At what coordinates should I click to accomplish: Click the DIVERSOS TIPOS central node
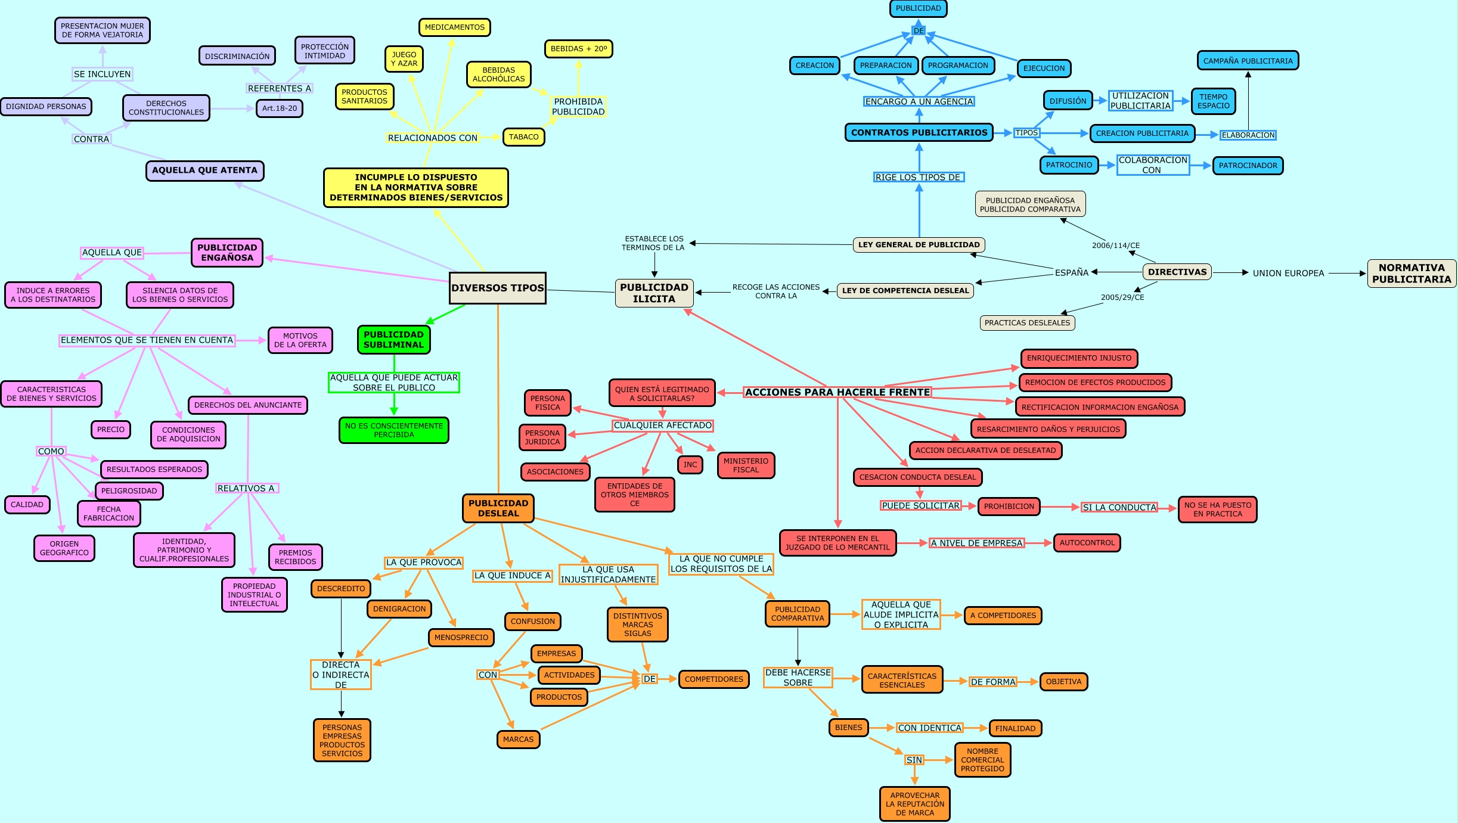click(x=497, y=288)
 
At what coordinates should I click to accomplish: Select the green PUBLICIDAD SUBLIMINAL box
click(x=393, y=340)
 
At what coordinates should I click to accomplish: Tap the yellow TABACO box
click(x=523, y=137)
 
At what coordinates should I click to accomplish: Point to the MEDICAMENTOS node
click(x=454, y=27)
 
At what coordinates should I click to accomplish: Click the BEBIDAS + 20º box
click(x=578, y=49)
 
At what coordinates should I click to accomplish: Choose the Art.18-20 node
click(x=279, y=108)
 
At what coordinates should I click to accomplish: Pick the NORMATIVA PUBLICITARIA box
click(x=1411, y=274)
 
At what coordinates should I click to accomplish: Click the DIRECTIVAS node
click(x=1177, y=272)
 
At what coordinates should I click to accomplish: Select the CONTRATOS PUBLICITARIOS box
click(x=919, y=133)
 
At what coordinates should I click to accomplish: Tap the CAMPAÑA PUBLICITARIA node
click(x=1248, y=61)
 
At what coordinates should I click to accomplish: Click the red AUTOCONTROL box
click(x=1087, y=543)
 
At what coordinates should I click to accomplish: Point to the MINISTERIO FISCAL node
click(x=746, y=465)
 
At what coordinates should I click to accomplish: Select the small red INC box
click(x=690, y=465)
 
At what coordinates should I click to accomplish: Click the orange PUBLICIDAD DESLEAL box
click(x=498, y=508)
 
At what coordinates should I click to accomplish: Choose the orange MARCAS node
click(x=518, y=740)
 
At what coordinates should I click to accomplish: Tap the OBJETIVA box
click(x=1063, y=682)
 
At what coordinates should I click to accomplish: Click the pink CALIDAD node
click(x=27, y=505)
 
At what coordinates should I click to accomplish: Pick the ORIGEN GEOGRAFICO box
click(x=64, y=548)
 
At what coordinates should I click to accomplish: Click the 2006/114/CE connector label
click(x=1115, y=246)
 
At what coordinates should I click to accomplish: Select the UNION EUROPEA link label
click(x=1288, y=274)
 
